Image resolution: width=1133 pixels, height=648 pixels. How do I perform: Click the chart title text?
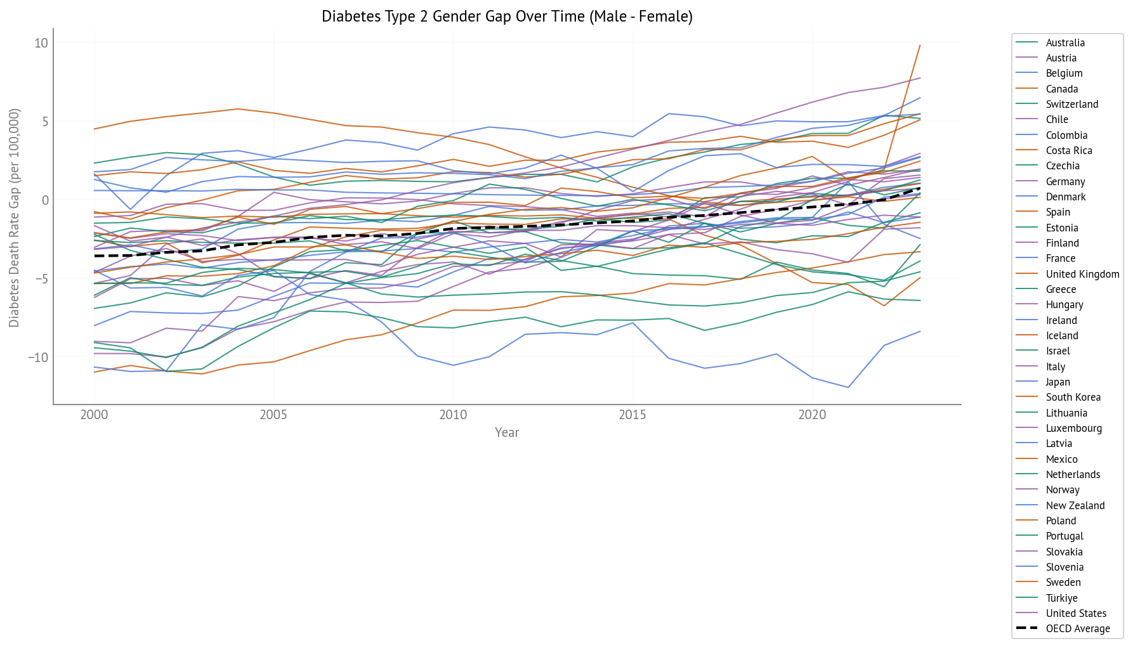click(506, 16)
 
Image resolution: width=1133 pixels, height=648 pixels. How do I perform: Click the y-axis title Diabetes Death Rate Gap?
click(14, 217)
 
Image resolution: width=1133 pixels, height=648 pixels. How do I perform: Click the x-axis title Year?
click(506, 432)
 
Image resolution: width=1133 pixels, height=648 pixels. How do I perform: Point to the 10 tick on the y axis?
click(41, 43)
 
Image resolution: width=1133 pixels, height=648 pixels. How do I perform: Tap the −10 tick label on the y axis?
click(37, 357)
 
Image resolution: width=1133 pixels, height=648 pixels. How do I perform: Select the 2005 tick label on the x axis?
click(273, 415)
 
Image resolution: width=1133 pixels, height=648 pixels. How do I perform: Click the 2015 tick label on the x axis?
click(632, 415)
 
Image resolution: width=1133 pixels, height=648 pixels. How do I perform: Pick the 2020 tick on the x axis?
click(812, 415)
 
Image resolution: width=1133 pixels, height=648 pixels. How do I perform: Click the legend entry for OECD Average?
click(1077, 628)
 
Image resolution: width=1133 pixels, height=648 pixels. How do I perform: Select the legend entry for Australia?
click(1064, 42)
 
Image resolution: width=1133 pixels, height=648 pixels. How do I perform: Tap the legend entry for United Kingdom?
click(1082, 274)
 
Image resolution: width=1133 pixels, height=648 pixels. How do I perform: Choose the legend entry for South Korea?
click(1073, 397)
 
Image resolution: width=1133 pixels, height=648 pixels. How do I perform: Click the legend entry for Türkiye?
click(1061, 598)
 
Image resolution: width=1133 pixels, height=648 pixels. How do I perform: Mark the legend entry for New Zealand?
click(1075, 505)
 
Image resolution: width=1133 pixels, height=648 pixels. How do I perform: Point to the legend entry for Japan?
click(1058, 382)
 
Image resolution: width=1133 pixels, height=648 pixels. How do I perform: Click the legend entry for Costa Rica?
click(1068, 150)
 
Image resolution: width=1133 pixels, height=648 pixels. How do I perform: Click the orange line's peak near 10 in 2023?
click(920, 45)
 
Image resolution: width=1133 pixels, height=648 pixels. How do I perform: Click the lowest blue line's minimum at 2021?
click(848, 387)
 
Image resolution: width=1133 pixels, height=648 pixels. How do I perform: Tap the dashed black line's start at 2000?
click(95, 256)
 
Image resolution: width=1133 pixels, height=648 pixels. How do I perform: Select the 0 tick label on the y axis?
click(44, 200)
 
